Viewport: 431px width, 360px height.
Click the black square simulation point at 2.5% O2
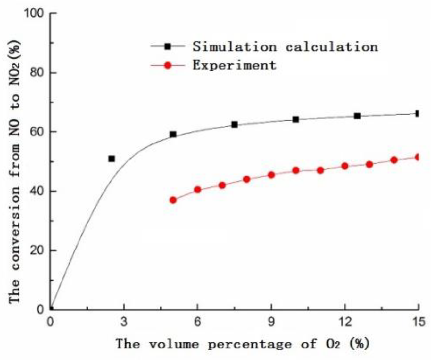tap(112, 159)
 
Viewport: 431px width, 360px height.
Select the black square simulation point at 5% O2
tap(173, 134)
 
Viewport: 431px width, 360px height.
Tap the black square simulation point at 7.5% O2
tap(235, 125)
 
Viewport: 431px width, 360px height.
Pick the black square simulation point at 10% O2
tap(296, 119)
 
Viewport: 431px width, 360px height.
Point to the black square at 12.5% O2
tap(357, 116)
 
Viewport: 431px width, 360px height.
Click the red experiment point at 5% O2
tap(173, 200)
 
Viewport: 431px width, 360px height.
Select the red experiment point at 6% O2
tap(197, 190)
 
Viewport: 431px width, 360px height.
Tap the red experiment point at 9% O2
tap(271, 175)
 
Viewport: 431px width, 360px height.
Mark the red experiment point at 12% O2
tap(345, 166)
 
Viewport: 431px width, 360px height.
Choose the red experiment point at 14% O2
tap(394, 160)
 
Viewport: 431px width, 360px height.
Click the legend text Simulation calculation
tap(285, 47)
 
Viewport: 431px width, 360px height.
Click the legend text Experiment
tap(234, 65)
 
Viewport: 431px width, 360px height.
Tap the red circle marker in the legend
tap(168, 65)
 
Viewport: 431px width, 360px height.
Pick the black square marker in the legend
tap(168, 47)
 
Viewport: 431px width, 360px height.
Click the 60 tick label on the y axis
tap(37, 132)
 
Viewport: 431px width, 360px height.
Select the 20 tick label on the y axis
tap(37, 250)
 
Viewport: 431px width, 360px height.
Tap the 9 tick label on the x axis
tap(271, 321)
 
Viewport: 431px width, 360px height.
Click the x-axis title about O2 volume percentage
tap(243, 344)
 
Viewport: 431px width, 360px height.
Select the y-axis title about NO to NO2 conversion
tap(15, 171)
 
